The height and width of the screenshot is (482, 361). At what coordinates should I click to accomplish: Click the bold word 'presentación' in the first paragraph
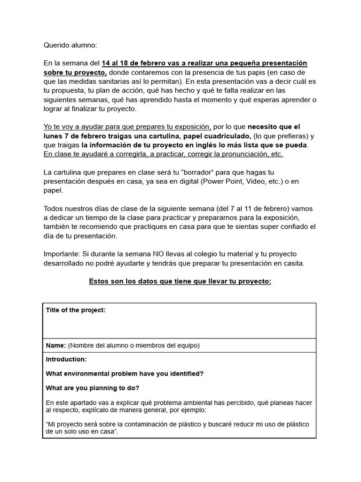click(x=285, y=64)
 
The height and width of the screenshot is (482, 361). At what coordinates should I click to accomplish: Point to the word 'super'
click(x=253, y=227)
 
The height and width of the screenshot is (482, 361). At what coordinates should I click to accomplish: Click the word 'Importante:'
click(x=62, y=254)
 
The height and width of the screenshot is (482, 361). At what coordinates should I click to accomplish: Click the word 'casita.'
click(x=291, y=263)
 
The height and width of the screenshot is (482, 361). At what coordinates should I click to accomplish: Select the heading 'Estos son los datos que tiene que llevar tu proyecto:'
click(x=180, y=281)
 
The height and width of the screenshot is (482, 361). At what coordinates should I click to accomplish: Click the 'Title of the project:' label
click(x=76, y=310)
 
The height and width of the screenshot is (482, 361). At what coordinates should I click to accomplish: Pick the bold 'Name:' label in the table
click(x=56, y=345)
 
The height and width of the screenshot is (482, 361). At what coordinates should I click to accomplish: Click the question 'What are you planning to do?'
click(x=93, y=388)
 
